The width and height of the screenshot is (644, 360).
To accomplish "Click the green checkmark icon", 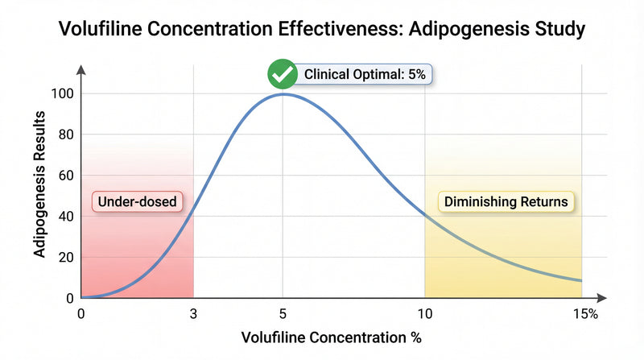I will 282,75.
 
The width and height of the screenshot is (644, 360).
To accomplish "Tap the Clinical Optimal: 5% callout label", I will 368,75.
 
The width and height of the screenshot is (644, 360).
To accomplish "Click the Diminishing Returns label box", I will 506,201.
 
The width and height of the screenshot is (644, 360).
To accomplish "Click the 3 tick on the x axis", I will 193,313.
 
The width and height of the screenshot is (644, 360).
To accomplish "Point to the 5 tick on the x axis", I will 283,313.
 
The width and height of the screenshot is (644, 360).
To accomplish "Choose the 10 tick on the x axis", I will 424,313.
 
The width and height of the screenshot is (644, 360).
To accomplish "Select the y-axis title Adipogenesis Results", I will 39,184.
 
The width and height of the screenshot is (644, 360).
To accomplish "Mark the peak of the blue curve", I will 283,94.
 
